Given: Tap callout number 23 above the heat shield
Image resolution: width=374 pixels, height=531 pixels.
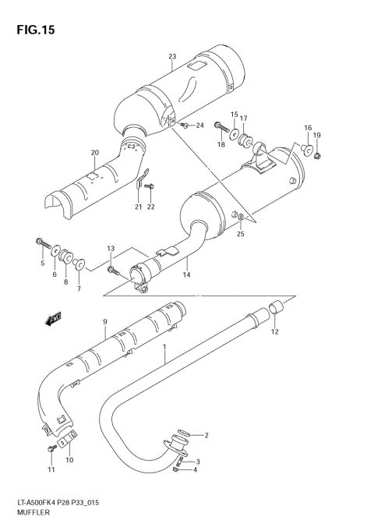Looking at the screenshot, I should pos(172,56).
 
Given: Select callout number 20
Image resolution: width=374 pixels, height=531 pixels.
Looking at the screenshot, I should pos(94,152).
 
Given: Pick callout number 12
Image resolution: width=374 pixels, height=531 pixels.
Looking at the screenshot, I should pos(273,333).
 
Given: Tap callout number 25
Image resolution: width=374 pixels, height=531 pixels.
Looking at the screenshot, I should pos(241,233).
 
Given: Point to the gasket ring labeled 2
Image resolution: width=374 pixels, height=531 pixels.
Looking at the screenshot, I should pos(182,434).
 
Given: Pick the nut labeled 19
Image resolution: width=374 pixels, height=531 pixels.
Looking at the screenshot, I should pos(319,158).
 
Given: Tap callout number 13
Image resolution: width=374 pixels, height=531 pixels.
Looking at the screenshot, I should pos(111,249).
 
